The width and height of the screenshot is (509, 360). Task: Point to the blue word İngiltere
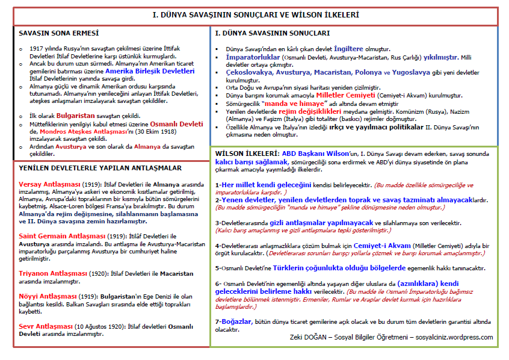coord(353,48)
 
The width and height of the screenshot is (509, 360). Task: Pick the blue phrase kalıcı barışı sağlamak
coord(253,161)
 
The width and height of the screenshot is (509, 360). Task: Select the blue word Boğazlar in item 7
coord(236,322)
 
